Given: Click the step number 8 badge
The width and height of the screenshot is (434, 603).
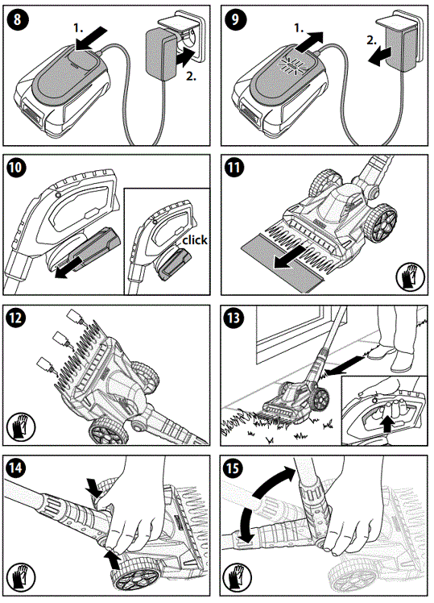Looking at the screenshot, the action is pos(17,19).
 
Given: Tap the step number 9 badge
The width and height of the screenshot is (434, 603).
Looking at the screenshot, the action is pos(234,19).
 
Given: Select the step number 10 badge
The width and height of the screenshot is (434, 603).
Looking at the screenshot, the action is pos(17,168).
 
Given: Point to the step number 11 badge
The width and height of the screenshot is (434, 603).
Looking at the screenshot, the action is pos(234,168).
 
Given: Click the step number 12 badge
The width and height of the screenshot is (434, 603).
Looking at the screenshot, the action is pos(17,318).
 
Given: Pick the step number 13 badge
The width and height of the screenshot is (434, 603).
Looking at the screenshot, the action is pos(234,318).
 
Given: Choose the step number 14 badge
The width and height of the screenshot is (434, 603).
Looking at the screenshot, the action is pos(17,468).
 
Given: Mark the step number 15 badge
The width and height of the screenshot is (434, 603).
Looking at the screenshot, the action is pos(234,468).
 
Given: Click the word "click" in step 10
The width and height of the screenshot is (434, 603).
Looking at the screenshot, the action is pos(194,240).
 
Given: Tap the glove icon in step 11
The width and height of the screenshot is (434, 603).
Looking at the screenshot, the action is pos(410,277).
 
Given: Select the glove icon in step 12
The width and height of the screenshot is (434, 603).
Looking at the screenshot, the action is pos(21,426).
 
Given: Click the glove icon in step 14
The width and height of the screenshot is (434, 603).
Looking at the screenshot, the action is pos(21,577).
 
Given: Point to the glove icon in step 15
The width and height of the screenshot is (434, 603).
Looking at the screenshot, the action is pos(238,577).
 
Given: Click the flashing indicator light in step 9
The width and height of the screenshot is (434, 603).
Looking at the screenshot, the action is pos(291,65).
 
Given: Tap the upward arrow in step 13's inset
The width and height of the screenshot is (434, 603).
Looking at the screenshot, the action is pos(388,424).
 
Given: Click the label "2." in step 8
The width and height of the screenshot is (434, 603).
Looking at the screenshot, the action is pos(192,76).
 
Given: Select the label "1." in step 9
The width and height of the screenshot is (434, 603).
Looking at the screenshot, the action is pos(300,27).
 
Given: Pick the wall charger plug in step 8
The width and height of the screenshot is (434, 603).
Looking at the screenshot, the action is pos(160,54).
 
